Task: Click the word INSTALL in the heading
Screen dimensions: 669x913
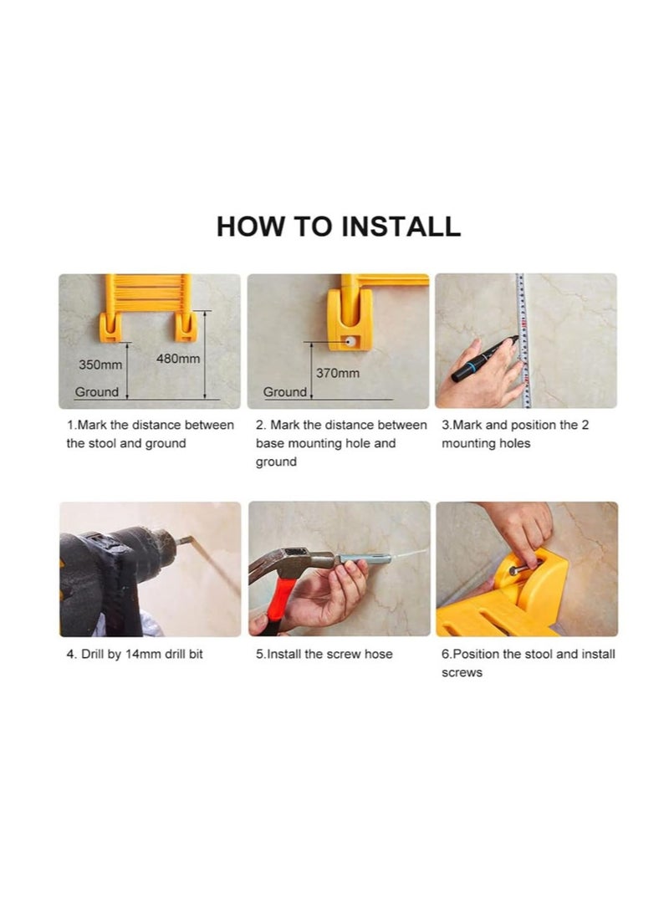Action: click(x=401, y=226)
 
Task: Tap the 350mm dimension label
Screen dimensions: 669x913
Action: click(x=100, y=365)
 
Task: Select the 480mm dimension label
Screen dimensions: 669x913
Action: click(x=178, y=359)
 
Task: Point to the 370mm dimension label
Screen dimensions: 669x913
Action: click(x=338, y=373)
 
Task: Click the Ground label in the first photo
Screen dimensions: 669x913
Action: click(x=97, y=392)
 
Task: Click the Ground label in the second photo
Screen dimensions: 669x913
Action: click(x=284, y=392)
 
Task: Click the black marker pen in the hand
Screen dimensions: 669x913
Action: click(x=484, y=360)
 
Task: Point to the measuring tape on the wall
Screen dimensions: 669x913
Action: click(x=523, y=340)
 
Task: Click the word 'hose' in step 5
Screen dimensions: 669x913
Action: click(x=379, y=654)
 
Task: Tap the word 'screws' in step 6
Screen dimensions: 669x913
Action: click(x=462, y=672)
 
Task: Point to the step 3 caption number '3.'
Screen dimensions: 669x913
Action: click(x=447, y=425)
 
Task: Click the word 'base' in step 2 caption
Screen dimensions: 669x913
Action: click(x=270, y=443)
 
